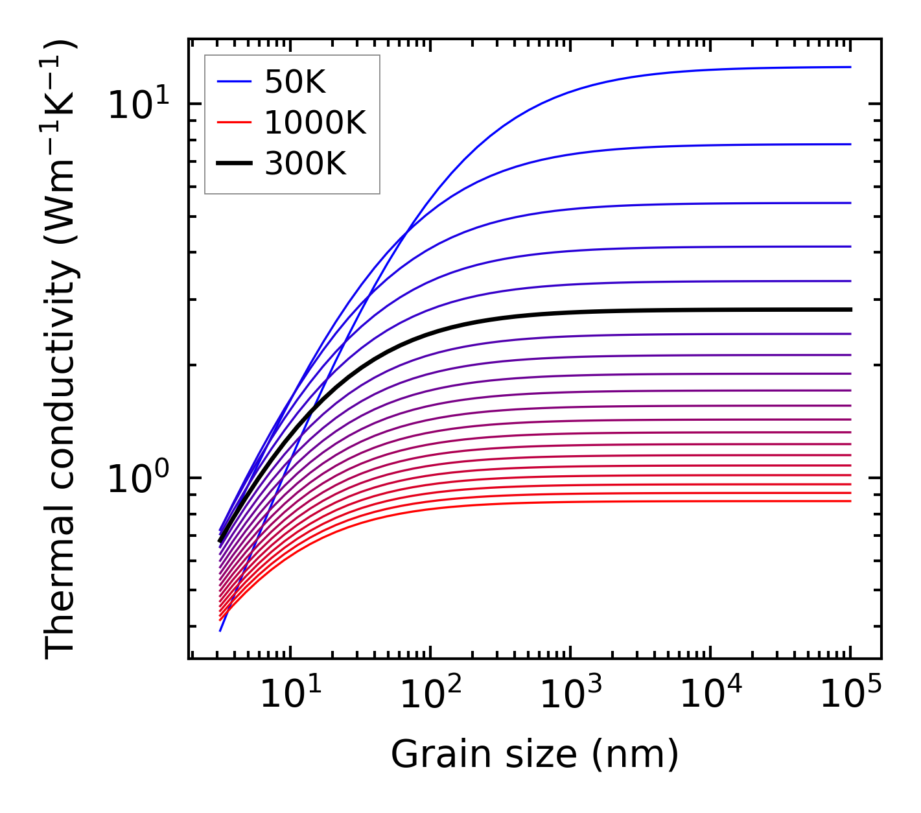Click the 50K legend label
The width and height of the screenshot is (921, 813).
click(x=294, y=82)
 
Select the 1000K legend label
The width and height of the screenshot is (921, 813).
click(x=315, y=123)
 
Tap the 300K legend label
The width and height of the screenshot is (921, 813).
click(x=305, y=164)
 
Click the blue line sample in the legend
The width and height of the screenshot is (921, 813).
click(x=233, y=82)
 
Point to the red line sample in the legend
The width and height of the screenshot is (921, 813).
click(x=233, y=123)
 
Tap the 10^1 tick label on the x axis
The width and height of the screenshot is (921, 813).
click(x=290, y=695)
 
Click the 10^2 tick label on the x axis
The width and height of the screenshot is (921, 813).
click(x=430, y=695)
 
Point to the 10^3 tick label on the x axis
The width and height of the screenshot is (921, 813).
click(x=570, y=695)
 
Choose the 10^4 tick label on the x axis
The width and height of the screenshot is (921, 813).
click(x=711, y=695)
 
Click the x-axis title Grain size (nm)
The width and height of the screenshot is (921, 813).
click(x=535, y=754)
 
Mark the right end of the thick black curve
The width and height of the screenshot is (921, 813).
click(x=850, y=310)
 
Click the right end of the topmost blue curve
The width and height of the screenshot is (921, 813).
click(x=850, y=67)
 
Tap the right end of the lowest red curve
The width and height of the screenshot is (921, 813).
click(x=850, y=501)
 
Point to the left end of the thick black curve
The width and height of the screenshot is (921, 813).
click(x=220, y=540)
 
